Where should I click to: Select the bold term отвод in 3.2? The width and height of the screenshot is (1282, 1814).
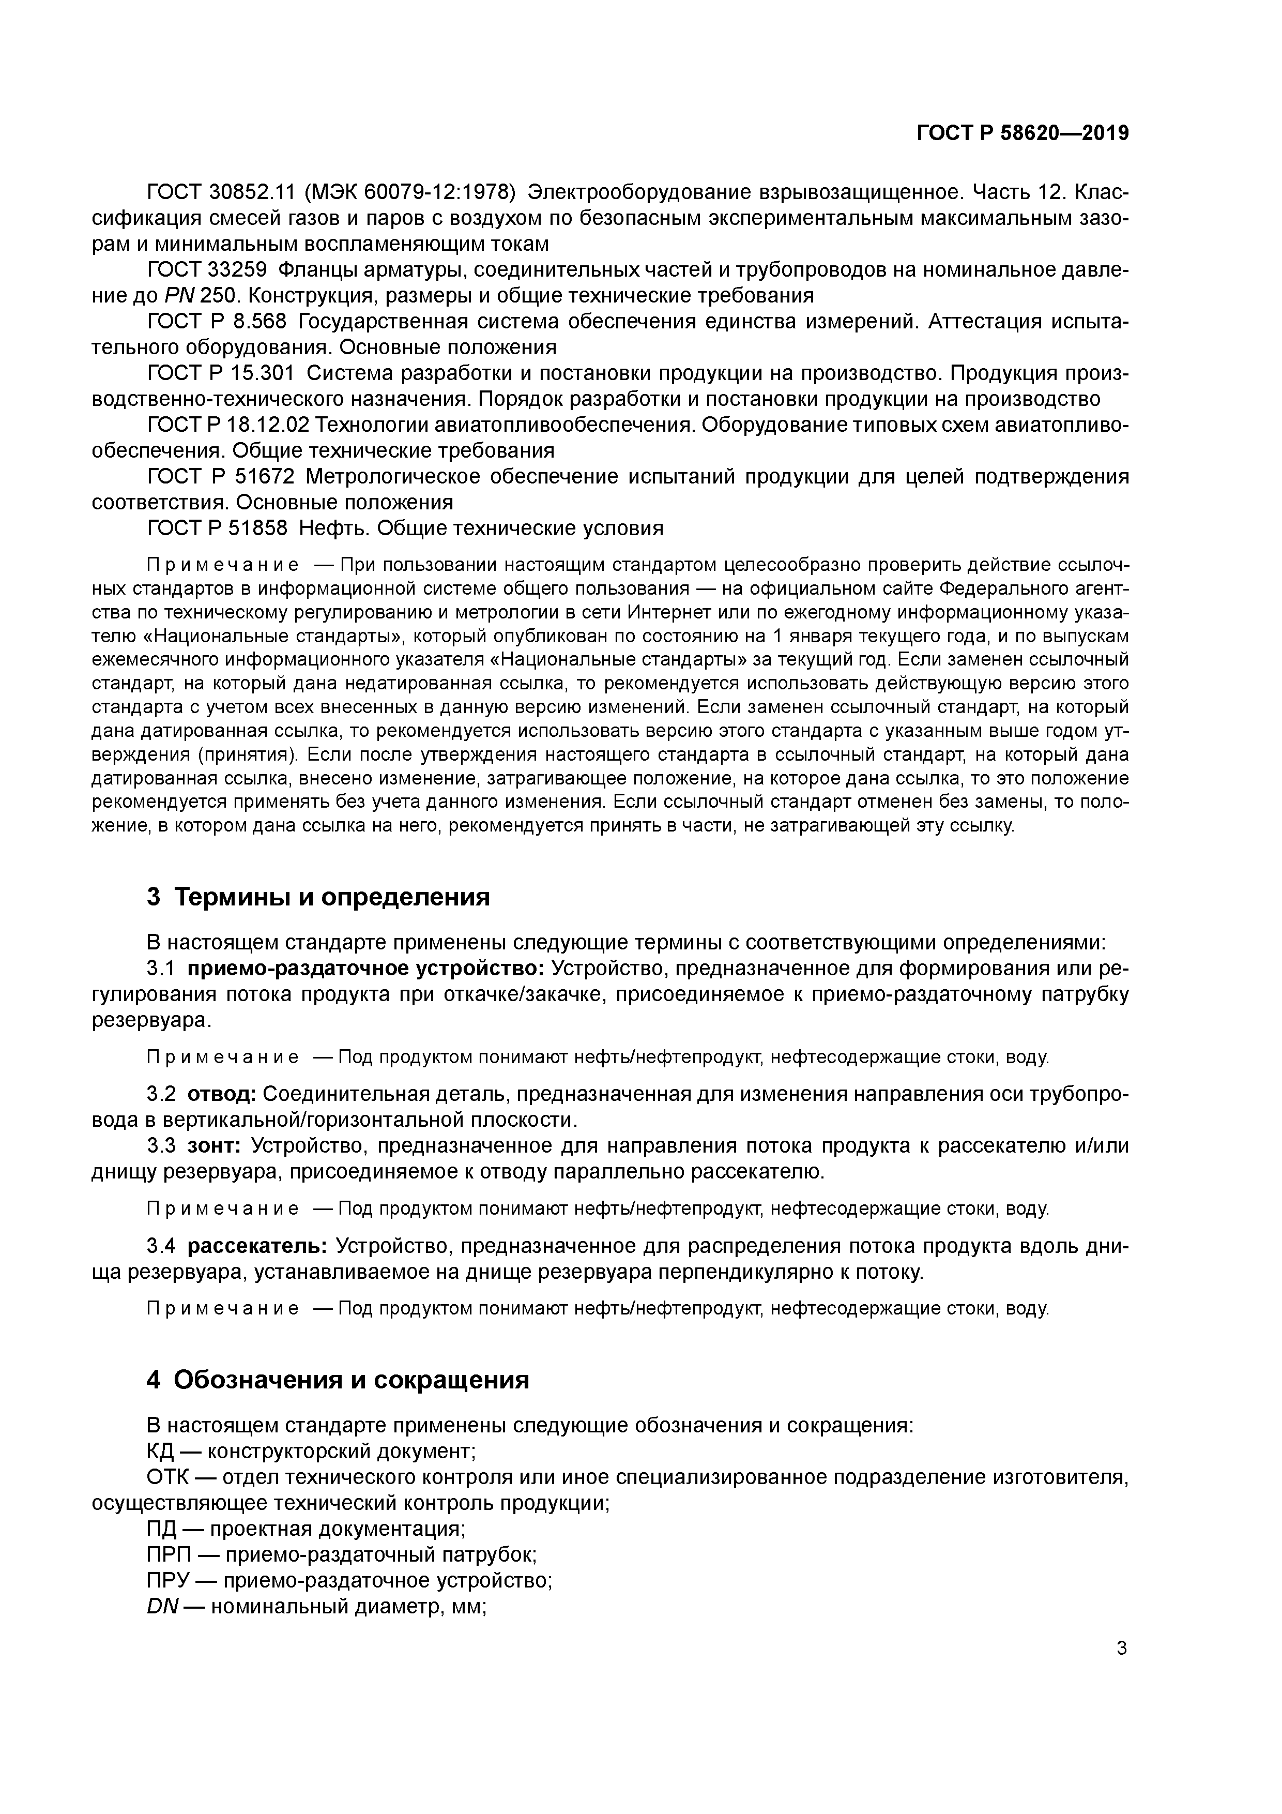[x=221, y=1094]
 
